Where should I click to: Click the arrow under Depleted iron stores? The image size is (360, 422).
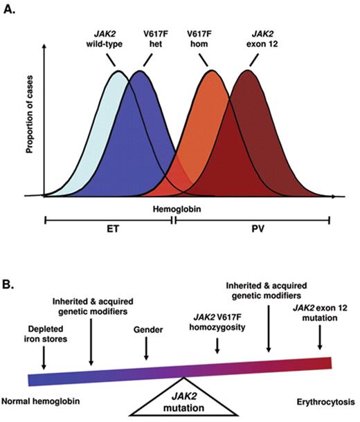[44, 358]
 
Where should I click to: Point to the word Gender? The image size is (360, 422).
[146, 330]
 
